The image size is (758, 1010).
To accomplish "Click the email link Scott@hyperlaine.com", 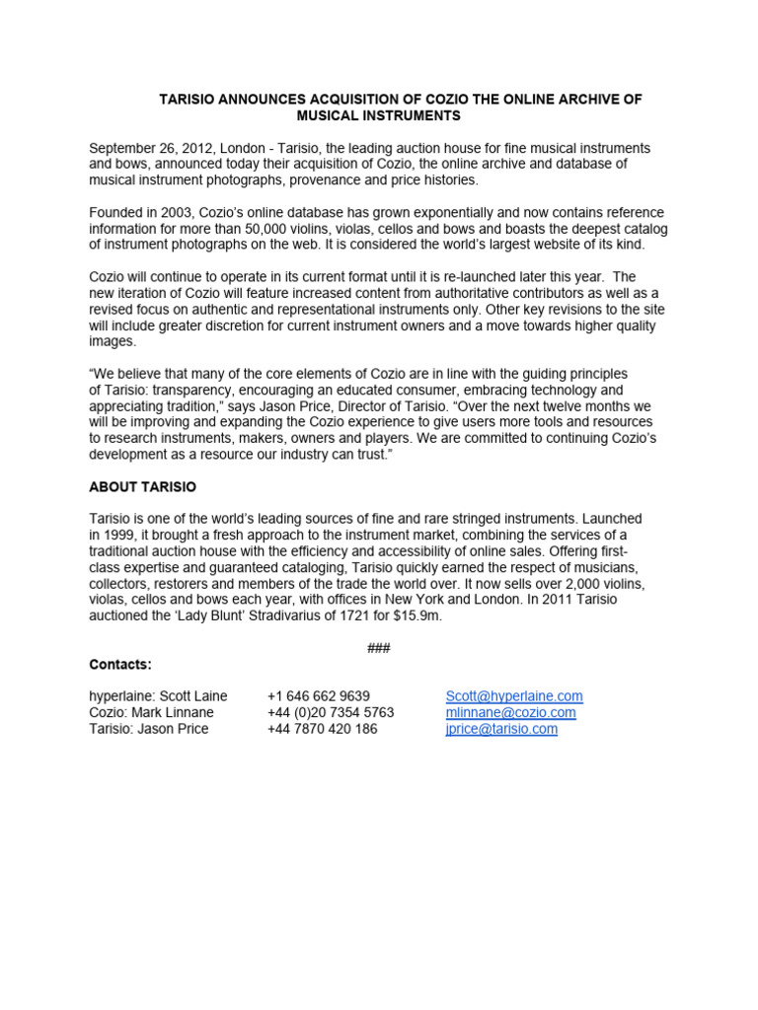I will [513, 695].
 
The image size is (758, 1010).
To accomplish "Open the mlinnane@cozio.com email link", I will [510, 712].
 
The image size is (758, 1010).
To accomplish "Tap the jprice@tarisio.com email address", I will [501, 729].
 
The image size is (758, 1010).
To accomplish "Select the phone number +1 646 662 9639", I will [319, 695].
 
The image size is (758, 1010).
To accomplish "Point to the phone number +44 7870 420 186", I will [322, 729].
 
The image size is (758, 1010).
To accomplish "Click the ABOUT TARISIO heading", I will [142, 486].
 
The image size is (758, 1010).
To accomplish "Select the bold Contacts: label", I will [120, 664].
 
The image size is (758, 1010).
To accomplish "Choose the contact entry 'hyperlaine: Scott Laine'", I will [158, 695].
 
